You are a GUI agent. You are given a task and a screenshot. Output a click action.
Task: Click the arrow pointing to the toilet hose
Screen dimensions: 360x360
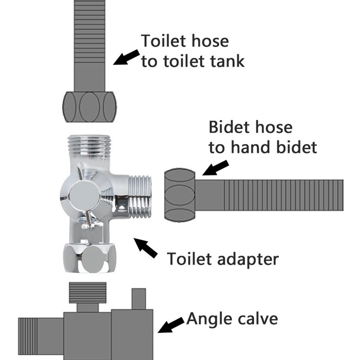(126, 57)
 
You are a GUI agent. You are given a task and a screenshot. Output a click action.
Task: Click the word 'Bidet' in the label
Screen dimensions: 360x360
(230, 127)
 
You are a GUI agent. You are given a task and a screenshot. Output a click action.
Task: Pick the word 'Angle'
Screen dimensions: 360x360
(209, 319)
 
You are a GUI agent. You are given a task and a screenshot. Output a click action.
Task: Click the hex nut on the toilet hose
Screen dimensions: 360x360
(89, 107)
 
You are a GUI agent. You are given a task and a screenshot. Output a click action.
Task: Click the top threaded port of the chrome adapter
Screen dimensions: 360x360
(89, 144)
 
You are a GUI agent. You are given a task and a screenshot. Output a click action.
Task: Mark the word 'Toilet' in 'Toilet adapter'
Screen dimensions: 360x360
(190, 259)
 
